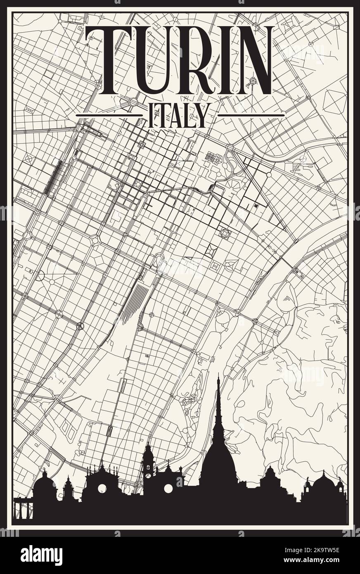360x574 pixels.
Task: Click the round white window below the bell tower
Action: click(168, 489)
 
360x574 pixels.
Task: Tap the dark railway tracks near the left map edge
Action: click(52, 178)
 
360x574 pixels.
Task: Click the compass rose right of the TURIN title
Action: click(252, 83)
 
